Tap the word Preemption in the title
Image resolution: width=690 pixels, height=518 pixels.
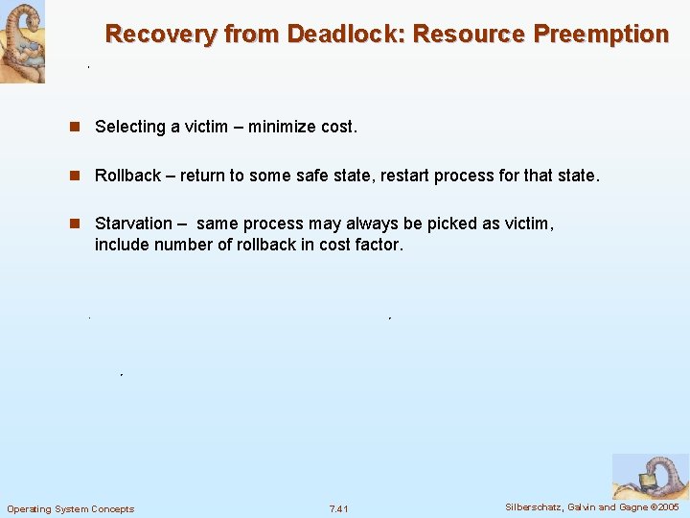point(601,35)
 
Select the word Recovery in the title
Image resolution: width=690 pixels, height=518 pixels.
point(161,35)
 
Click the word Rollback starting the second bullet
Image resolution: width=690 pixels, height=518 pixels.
point(127,177)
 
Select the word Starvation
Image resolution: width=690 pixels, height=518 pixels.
point(133,224)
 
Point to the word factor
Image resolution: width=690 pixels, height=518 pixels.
point(380,245)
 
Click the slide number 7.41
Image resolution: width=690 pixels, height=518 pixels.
point(339,508)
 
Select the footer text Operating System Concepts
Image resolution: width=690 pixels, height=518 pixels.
point(71,508)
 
